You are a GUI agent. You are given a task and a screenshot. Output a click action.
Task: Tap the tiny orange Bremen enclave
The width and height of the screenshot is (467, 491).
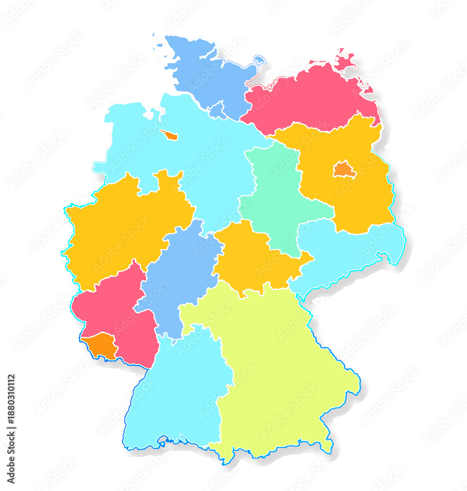169,135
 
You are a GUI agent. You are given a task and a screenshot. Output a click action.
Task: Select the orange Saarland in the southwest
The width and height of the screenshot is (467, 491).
101,345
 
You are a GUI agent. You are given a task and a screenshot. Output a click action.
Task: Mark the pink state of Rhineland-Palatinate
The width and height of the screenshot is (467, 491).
118,314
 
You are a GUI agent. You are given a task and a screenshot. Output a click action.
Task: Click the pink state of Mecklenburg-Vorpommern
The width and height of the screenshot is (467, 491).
314,98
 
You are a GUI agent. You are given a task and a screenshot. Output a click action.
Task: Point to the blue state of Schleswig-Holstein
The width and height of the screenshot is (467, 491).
206,74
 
